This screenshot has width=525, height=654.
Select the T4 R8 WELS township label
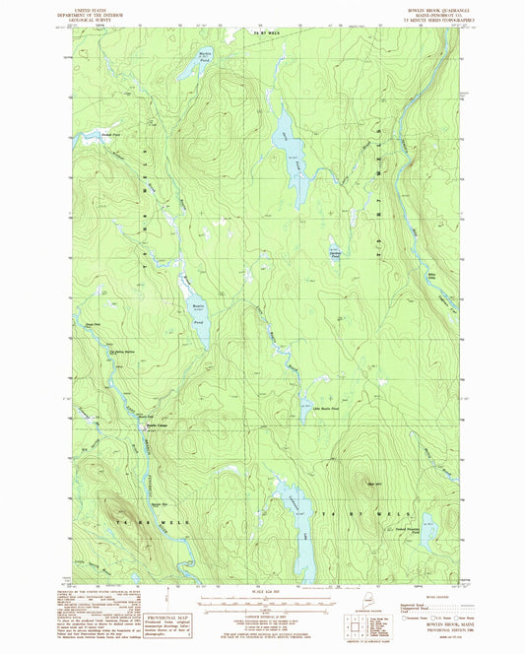point(133,519)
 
